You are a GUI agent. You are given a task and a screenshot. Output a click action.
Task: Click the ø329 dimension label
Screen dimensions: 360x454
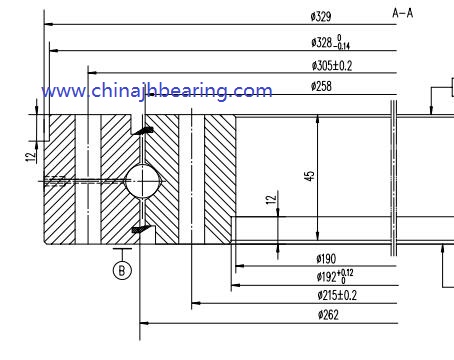click(x=322, y=17)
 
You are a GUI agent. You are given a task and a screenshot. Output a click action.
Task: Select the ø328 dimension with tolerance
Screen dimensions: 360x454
click(x=330, y=43)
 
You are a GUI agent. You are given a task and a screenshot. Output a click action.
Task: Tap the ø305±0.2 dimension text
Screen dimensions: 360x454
click(x=331, y=65)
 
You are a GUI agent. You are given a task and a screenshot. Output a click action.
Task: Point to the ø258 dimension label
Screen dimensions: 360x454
click(x=322, y=87)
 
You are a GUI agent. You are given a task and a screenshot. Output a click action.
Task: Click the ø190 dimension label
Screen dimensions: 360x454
click(x=326, y=260)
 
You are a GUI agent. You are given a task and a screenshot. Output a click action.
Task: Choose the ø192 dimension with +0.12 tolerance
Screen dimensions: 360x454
click(x=334, y=276)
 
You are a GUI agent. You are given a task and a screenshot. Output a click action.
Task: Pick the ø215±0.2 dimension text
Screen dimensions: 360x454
click(x=337, y=295)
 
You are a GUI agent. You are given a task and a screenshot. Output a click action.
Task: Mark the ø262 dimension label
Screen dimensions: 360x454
click(x=327, y=315)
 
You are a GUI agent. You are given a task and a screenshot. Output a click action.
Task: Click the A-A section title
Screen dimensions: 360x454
click(x=402, y=13)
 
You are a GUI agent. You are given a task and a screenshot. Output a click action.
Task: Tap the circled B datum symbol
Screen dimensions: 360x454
click(x=122, y=269)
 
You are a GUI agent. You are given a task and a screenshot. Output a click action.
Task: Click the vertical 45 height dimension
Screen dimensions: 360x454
click(x=310, y=175)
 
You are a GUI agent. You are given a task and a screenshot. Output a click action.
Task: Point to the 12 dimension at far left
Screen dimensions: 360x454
click(x=32, y=155)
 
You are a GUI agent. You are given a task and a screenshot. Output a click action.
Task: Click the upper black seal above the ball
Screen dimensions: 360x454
click(x=146, y=131)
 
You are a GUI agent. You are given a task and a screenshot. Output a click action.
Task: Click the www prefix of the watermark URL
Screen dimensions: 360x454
click(x=62, y=92)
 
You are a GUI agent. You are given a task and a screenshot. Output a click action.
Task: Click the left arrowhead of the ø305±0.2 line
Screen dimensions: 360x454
click(x=94, y=72)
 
